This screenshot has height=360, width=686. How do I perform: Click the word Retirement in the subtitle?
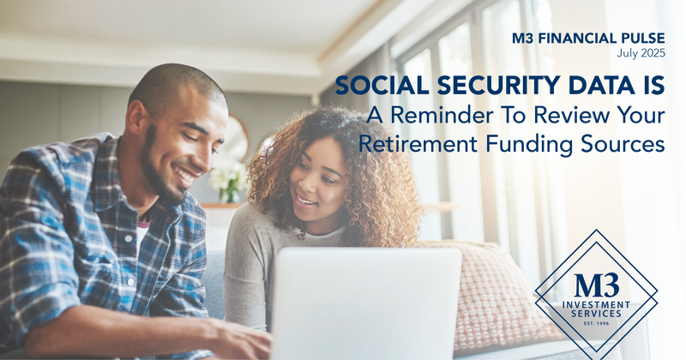(x=418, y=144)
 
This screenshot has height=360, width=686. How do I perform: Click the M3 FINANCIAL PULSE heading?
(x=588, y=39)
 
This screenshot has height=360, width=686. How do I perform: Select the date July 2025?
(x=641, y=53)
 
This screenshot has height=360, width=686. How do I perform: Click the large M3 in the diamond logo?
(x=597, y=285)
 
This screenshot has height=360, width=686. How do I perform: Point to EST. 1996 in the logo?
(x=596, y=324)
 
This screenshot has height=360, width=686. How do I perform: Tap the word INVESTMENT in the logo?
(x=596, y=305)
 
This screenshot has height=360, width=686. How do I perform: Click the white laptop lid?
(x=366, y=304)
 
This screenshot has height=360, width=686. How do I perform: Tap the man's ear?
(x=134, y=119)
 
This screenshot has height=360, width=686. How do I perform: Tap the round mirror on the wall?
(x=236, y=139)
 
